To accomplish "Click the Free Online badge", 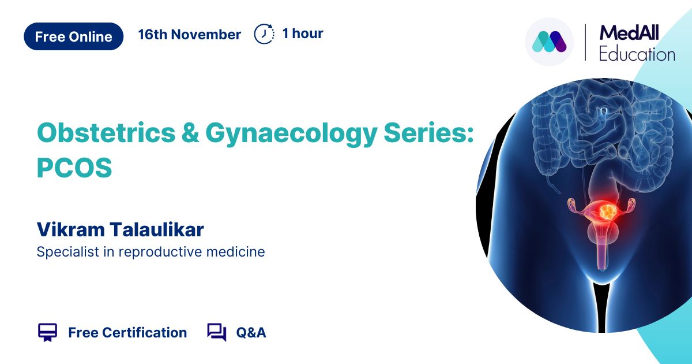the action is (74, 36).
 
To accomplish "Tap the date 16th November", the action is (189, 34).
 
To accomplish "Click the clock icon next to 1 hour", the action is (264, 34).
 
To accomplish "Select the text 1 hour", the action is (303, 34).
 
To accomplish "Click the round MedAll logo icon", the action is (549, 42).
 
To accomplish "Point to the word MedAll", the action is (629, 33).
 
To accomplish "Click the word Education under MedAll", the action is (637, 54).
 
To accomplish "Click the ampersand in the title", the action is (190, 133).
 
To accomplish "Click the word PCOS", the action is (74, 168).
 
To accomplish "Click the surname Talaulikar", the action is (157, 229).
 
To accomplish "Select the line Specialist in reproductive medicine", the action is (151, 252).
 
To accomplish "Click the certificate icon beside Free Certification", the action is (47, 332).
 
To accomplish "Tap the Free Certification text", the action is (127, 333).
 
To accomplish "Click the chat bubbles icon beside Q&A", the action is (217, 332).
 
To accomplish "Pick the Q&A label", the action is (251, 333).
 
